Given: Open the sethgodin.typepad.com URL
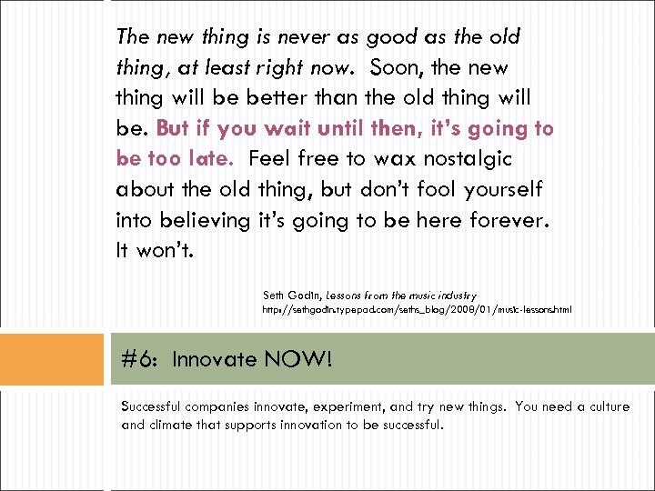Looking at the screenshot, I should (417, 310).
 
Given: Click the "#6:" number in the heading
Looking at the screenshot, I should (141, 359).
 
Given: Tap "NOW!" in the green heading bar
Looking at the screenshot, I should (298, 359).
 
